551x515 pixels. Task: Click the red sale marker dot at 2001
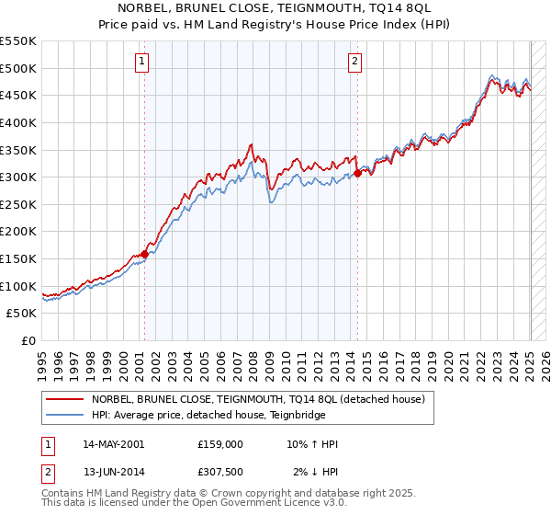(x=144, y=254)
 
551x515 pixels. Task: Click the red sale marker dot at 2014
(x=356, y=173)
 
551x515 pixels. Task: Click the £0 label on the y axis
(x=28, y=340)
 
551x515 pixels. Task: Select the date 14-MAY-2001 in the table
(x=113, y=444)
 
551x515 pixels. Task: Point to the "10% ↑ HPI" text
(x=312, y=444)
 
